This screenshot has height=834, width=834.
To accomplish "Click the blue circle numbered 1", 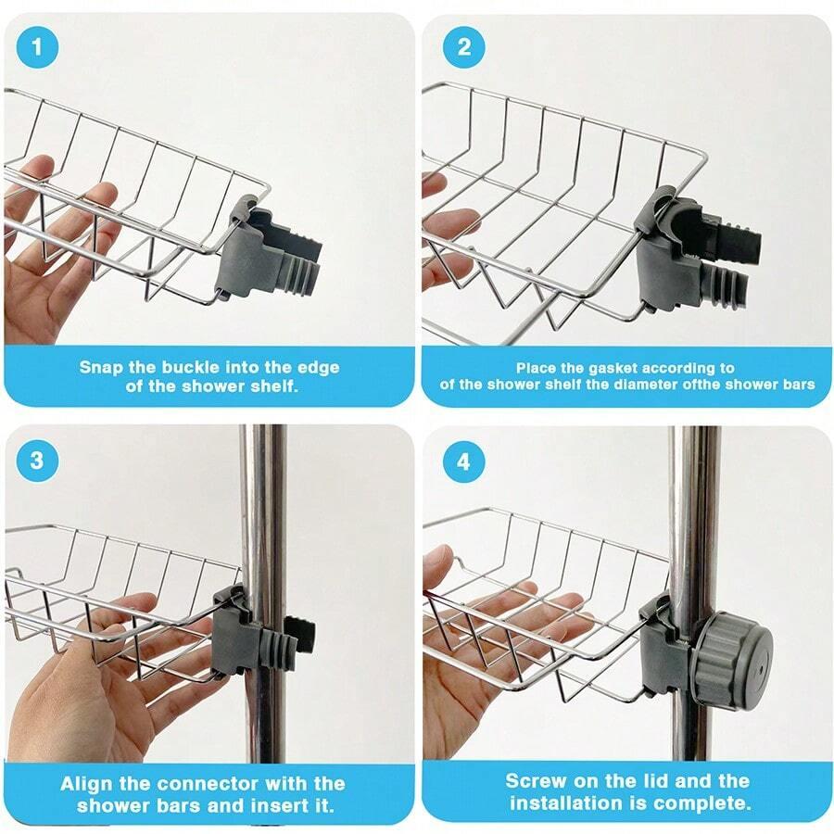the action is [37, 47].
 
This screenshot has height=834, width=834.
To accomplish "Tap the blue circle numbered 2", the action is [464, 47].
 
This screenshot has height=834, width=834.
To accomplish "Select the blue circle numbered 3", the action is [37, 460].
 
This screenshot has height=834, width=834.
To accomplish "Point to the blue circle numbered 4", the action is [464, 462].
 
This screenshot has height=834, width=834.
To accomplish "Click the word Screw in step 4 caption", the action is [533, 781].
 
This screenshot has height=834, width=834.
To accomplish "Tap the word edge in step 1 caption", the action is [318, 369].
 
